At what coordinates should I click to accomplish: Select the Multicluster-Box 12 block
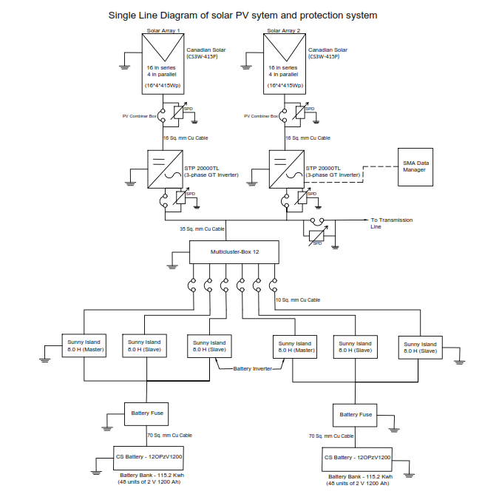point(234,251)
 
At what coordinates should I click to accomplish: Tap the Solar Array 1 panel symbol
point(162,64)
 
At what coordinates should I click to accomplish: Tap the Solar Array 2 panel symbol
point(283,64)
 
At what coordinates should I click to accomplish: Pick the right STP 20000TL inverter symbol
point(284,171)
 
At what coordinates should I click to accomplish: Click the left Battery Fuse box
point(147,413)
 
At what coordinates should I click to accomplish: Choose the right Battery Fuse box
point(355,414)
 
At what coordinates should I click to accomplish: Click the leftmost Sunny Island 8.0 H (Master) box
point(83,346)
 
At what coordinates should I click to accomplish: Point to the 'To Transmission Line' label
point(391,223)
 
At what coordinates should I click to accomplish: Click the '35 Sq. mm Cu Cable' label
point(202,229)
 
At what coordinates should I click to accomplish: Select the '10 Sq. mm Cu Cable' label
point(297,300)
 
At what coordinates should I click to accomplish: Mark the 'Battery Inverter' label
point(251,368)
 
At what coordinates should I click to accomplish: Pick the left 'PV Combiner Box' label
point(139,116)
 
